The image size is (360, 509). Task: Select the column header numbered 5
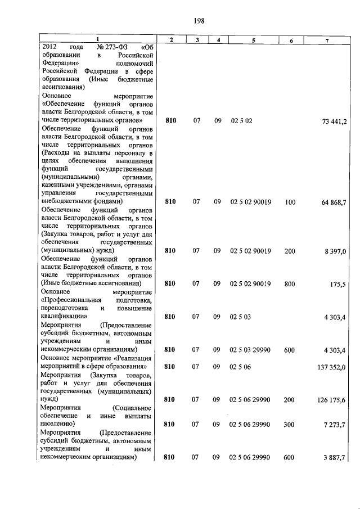[x=253, y=39]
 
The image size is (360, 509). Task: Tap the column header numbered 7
[x=327, y=39]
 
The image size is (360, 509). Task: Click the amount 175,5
[x=338, y=284]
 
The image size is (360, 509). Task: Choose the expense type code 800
[x=290, y=284]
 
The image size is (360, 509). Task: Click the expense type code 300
[x=290, y=425]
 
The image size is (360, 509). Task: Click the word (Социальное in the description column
[x=133, y=407]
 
